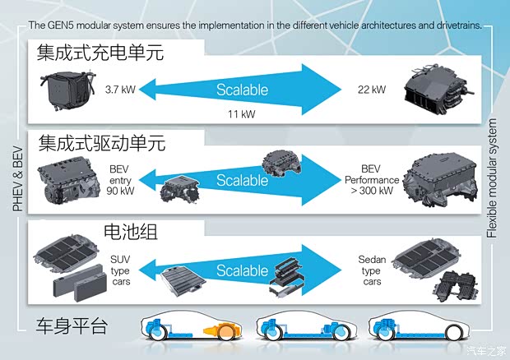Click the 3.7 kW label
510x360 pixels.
point(121,88)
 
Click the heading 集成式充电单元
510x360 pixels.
point(100,55)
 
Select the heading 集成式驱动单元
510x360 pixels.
point(100,144)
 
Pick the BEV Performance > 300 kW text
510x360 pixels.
point(372,180)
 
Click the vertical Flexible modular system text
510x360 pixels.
point(493,178)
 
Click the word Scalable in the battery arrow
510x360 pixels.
point(242,270)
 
